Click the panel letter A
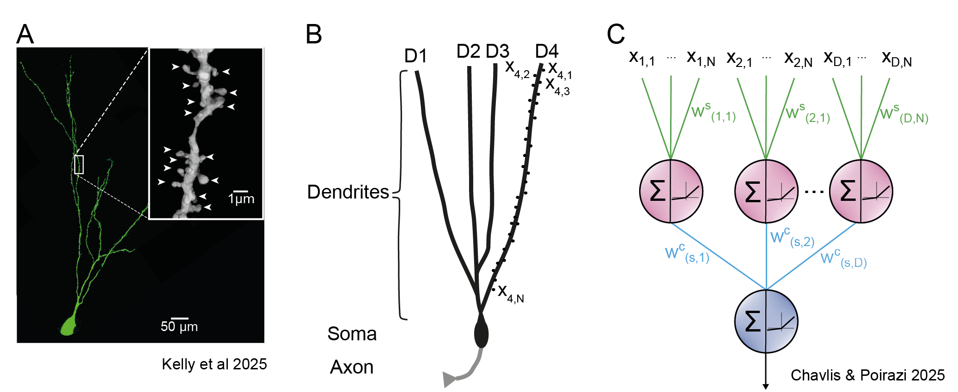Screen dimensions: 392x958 tap(25, 35)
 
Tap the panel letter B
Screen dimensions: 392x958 tap(314, 35)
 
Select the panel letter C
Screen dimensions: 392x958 tap(616, 35)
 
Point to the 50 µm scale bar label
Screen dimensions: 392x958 tap(179, 327)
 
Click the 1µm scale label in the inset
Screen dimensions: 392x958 tap(241, 199)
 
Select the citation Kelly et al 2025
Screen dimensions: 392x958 tap(214, 364)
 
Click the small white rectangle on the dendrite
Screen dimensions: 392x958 tap(79, 164)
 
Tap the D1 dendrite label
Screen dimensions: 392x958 tap(415, 56)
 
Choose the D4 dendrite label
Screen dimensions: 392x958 tap(547, 51)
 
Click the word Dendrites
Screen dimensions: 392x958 tap(348, 192)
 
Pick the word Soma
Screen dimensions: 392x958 tap(352, 334)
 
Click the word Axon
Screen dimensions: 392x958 tap(352, 367)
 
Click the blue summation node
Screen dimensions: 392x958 tap(766, 321)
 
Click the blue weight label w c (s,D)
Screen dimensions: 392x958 tap(843, 259)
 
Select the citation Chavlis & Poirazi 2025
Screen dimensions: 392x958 tap(867, 375)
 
